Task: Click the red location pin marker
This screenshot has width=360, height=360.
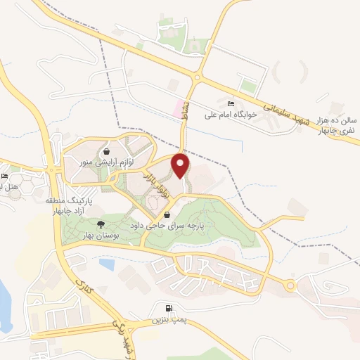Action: tap(181, 166)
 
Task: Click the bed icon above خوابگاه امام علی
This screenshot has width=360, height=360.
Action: tap(232, 103)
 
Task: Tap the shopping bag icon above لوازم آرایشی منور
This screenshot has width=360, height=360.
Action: tap(106, 150)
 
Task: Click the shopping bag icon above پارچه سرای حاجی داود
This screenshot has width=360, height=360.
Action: tap(167, 215)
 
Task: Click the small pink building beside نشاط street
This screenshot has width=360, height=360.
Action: tap(176, 110)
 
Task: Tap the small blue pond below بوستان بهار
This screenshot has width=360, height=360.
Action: tap(107, 264)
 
